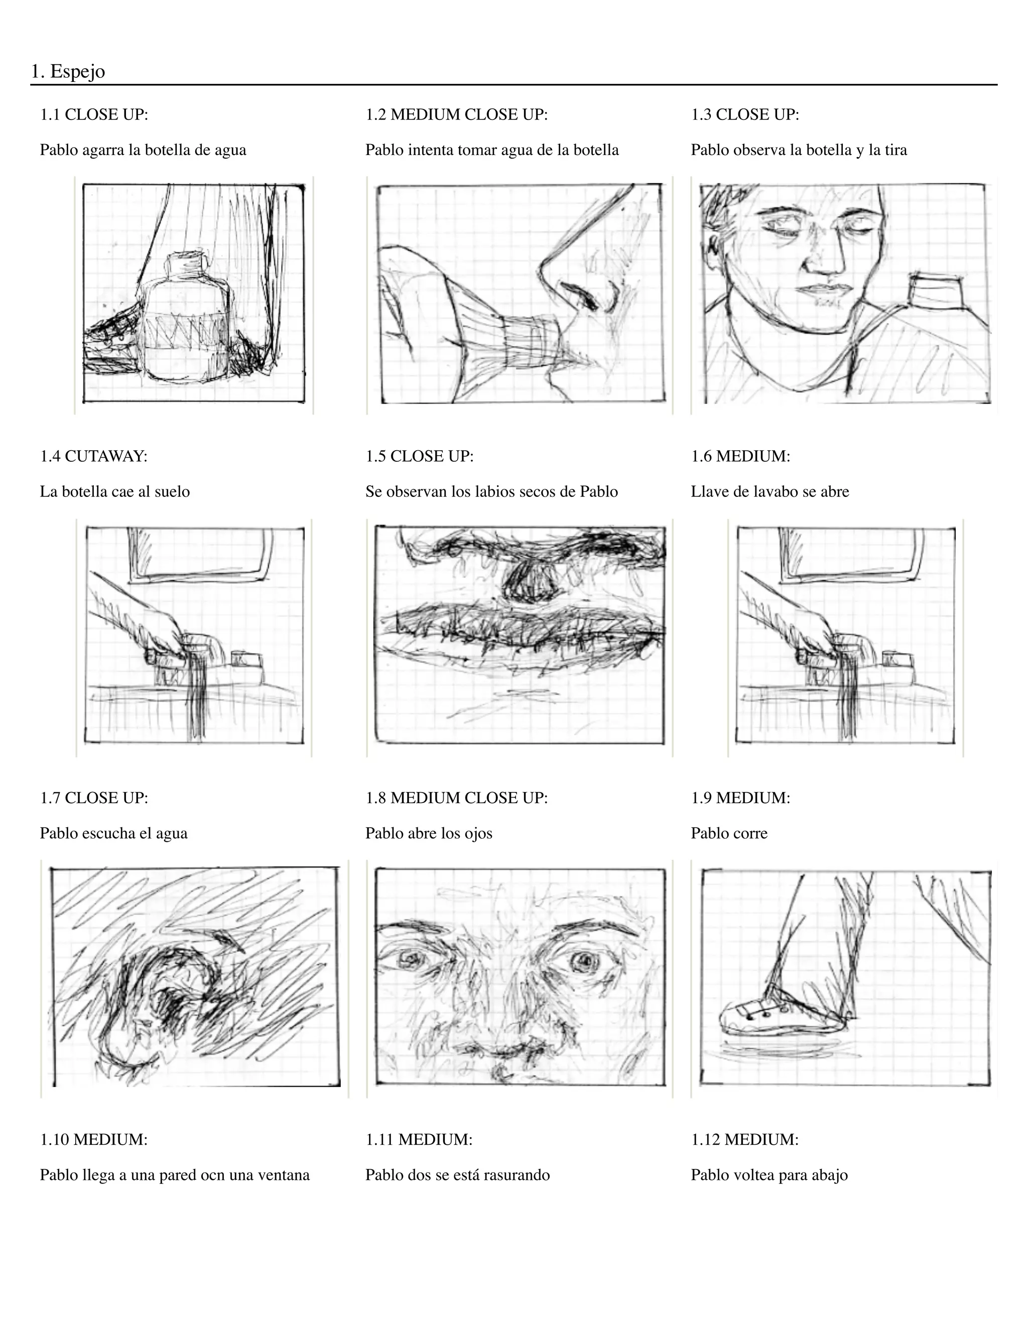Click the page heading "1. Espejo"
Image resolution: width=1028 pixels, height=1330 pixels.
(x=68, y=72)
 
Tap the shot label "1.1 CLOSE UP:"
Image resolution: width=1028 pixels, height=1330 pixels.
(x=94, y=114)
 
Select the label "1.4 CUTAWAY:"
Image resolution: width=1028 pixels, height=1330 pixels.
(x=94, y=456)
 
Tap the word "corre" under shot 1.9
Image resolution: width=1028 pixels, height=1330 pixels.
(x=750, y=833)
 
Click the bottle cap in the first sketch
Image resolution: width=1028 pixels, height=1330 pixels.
(x=187, y=263)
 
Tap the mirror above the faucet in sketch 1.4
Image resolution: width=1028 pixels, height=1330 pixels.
(x=200, y=551)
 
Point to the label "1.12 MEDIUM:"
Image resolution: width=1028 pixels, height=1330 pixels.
(x=744, y=1139)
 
